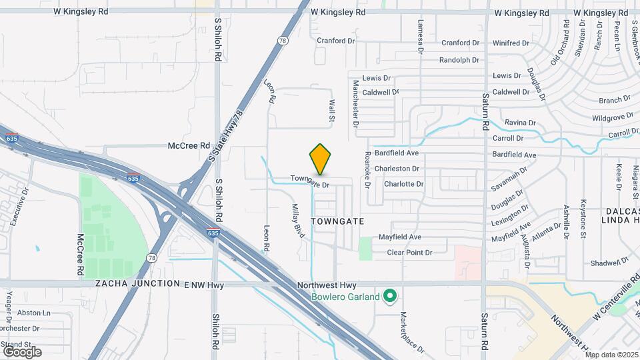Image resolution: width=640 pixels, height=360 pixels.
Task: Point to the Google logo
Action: [22, 351]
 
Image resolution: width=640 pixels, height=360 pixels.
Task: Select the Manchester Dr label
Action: [356, 104]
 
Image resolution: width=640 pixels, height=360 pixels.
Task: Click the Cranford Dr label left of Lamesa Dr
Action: [336, 41]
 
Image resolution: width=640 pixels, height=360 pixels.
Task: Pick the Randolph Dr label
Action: [459, 60]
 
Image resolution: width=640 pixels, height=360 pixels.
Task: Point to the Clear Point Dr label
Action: [410, 253]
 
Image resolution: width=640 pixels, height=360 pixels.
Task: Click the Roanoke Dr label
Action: [367, 169]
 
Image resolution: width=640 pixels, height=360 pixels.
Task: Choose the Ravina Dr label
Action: [520, 123]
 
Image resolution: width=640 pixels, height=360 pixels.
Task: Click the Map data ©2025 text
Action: [611, 354]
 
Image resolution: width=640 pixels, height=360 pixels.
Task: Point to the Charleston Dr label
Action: [397, 169]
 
